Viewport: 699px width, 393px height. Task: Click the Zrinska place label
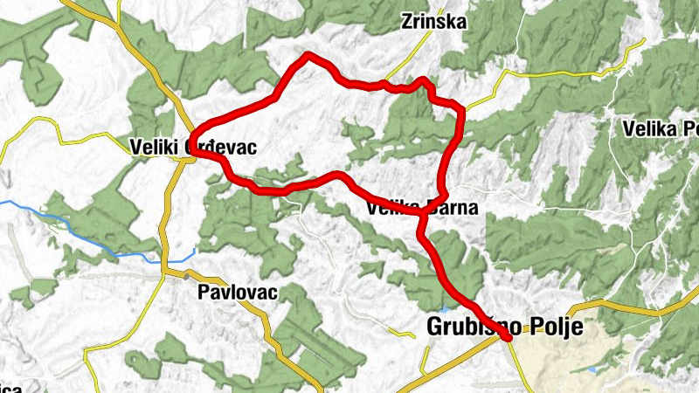click(433, 20)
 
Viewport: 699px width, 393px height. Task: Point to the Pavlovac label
click(237, 293)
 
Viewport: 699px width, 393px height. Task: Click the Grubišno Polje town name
click(504, 327)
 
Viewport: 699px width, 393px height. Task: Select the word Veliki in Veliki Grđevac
click(153, 147)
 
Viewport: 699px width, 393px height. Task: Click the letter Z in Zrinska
click(406, 20)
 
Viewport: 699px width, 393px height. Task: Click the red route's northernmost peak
click(308, 56)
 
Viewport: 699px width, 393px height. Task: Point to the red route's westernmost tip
click(191, 152)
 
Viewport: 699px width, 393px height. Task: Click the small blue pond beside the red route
click(446, 308)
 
